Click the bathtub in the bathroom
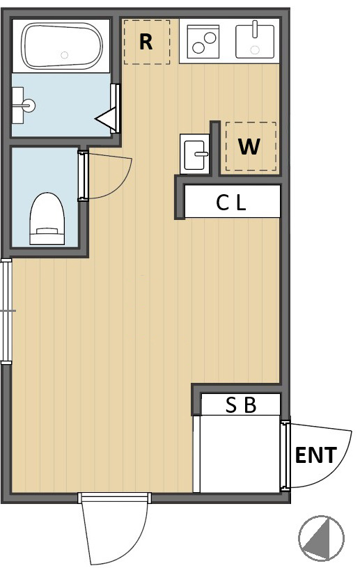pyautogui.click(x=62, y=46)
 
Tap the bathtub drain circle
pyautogui.click(x=65, y=56)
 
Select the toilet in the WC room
pyautogui.click(x=47, y=219)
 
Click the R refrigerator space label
pyautogui.click(x=146, y=42)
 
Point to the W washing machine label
pyautogui.click(x=249, y=147)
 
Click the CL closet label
pyautogui.click(x=230, y=203)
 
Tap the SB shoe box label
pyautogui.click(x=241, y=405)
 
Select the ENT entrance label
pyautogui.click(x=316, y=455)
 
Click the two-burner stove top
pyautogui.click(x=203, y=42)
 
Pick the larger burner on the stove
pyautogui.click(x=210, y=38)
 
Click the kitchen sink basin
pyautogui.click(x=255, y=42)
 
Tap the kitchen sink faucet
pyautogui.click(x=255, y=29)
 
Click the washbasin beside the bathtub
pyautogui.click(x=23, y=105)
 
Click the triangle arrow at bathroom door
pyautogui.click(x=106, y=118)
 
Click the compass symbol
pyautogui.click(x=322, y=539)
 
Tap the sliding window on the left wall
pyautogui.click(x=6, y=311)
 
